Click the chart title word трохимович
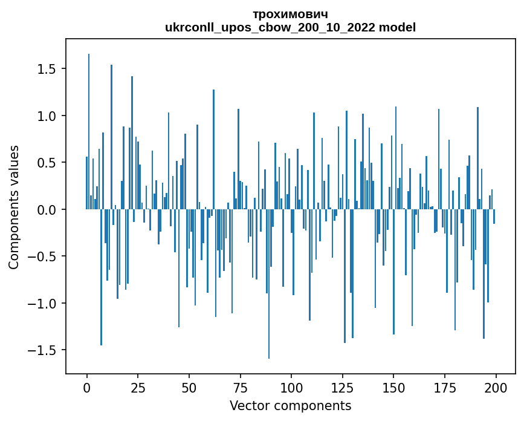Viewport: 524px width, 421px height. tap(291, 15)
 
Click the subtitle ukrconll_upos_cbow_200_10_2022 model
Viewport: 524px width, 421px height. tap(291, 27)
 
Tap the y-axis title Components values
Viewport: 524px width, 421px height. tap(14, 207)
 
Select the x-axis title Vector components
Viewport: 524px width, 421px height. tap(290, 405)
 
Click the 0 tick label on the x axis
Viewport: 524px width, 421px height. tap(87, 387)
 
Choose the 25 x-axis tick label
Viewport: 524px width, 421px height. tap(138, 387)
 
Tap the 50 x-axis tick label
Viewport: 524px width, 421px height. tap(189, 387)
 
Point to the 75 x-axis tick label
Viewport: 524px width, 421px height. tap(240, 387)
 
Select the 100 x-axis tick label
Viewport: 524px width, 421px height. tap(291, 387)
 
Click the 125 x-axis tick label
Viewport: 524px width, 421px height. tap(342, 387)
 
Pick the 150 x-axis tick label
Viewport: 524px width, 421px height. tap(393, 387)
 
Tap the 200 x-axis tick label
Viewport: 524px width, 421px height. tap(496, 387)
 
